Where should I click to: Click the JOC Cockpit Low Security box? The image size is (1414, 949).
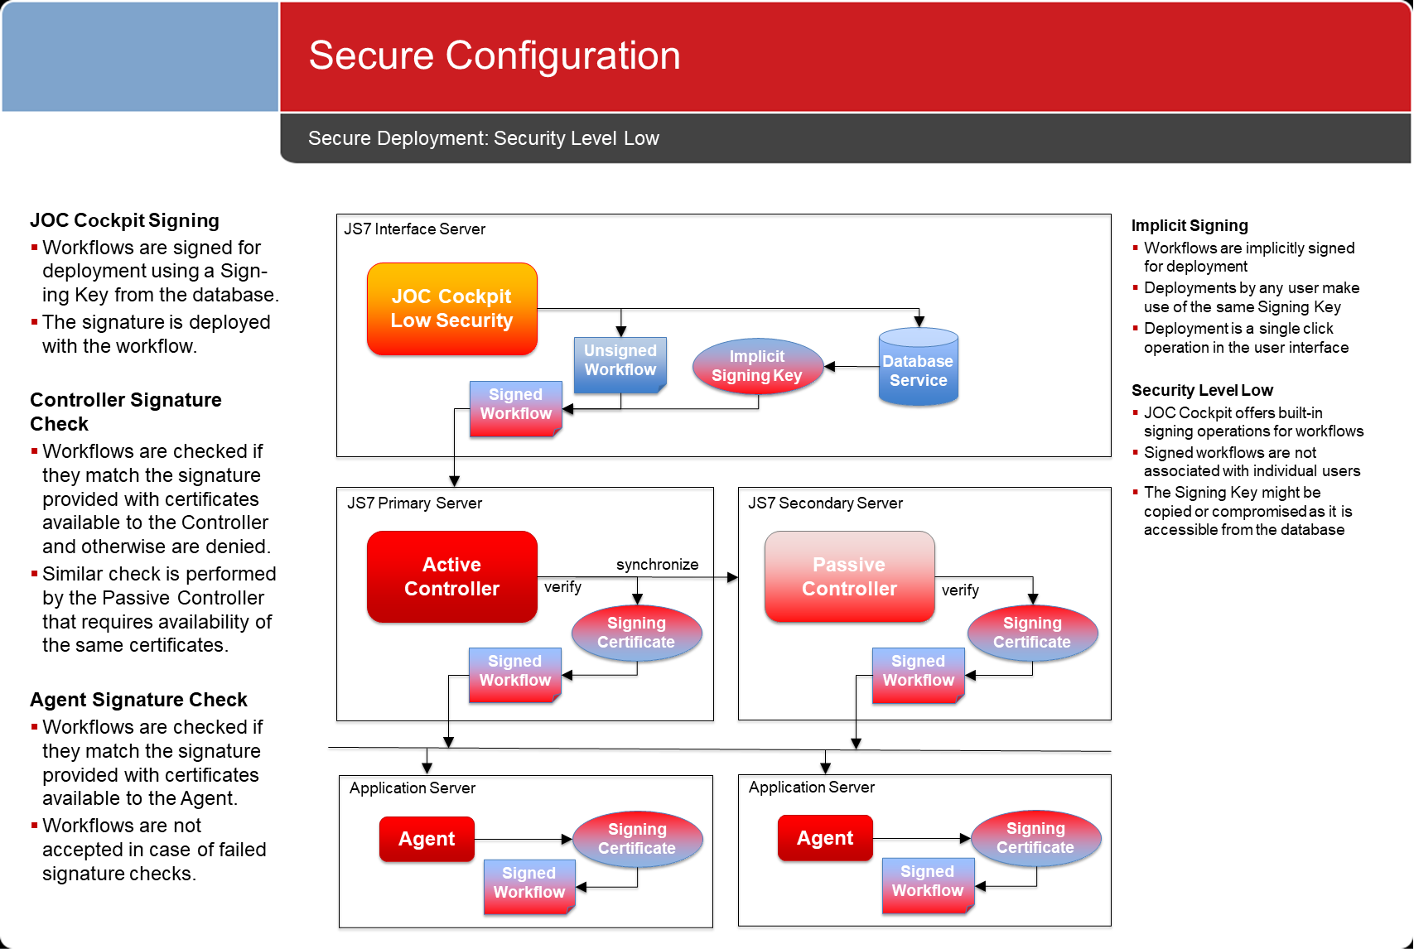click(452, 309)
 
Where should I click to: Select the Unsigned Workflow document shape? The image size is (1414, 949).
click(620, 364)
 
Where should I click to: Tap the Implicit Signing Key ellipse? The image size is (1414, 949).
click(757, 366)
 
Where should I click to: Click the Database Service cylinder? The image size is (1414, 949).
click(919, 367)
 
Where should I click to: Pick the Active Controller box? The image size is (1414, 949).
click(452, 576)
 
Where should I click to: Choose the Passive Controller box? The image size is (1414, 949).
click(850, 576)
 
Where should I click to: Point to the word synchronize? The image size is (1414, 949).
click(657, 564)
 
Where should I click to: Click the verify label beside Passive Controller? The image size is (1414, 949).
click(960, 590)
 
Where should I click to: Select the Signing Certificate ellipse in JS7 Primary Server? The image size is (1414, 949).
click(636, 633)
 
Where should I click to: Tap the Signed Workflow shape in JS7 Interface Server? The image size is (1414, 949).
click(516, 408)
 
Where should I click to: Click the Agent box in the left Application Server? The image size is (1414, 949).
click(427, 839)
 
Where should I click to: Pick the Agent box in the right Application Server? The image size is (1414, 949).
click(825, 838)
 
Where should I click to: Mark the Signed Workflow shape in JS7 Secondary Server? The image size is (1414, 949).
click(919, 675)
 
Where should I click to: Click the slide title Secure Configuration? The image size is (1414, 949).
click(495, 55)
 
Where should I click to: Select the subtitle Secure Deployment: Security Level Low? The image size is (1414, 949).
click(484, 138)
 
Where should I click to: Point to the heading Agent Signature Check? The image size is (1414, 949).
click(138, 700)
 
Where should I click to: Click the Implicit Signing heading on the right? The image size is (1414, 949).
click(1190, 225)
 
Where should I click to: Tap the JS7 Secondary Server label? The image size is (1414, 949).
click(825, 503)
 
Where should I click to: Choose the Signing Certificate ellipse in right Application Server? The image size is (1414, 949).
click(1036, 838)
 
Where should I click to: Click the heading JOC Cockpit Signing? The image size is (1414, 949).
click(124, 221)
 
